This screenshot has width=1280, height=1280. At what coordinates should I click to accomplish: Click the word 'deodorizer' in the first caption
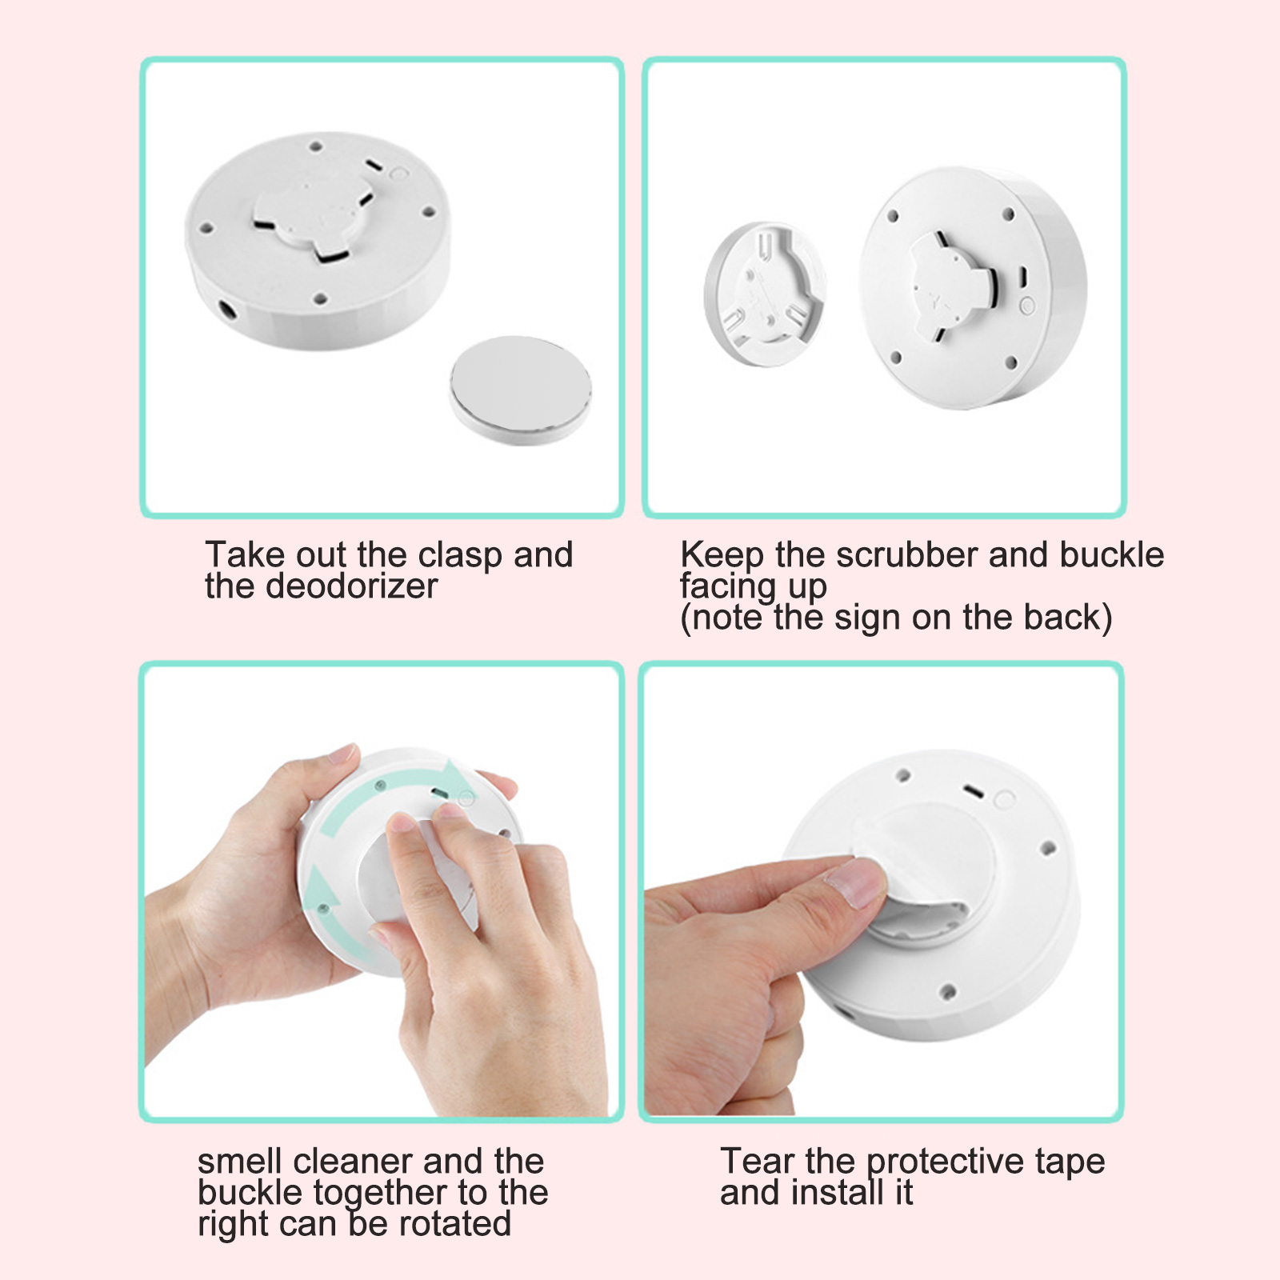(x=351, y=586)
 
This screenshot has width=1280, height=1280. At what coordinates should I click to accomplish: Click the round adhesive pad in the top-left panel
(x=520, y=389)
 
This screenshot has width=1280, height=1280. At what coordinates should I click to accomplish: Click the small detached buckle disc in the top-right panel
(x=764, y=294)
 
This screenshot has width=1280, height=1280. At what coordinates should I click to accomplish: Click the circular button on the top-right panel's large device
(x=1027, y=305)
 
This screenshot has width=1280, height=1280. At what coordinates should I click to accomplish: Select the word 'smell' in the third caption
(x=239, y=1161)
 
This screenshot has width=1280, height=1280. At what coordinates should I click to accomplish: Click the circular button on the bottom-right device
(x=1003, y=799)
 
